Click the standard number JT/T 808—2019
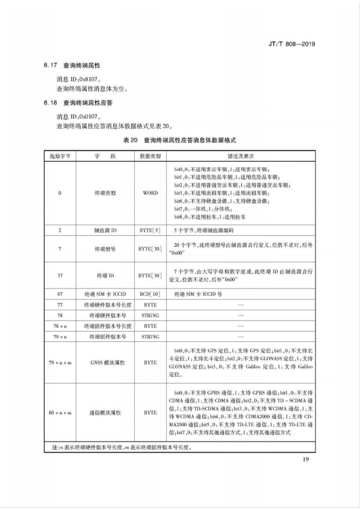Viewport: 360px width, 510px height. (291, 44)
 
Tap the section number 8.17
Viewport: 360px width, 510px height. (50, 65)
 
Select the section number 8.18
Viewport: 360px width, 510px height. (50, 103)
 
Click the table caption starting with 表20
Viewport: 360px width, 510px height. (179, 140)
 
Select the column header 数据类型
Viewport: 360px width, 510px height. (150, 156)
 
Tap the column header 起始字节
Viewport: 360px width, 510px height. (60, 156)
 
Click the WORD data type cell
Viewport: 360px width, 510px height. (150, 193)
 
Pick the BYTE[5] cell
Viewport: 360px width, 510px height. (150, 230)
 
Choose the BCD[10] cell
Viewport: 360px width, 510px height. (150, 294)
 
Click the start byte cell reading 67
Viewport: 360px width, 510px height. (60, 294)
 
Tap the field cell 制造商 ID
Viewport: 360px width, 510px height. (105, 230)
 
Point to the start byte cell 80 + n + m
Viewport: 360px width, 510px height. (60, 413)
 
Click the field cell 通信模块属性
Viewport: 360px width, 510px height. (105, 413)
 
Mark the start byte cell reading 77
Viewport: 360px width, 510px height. (60, 305)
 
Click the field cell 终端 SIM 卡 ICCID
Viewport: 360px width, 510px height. (105, 294)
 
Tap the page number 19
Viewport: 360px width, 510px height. (306, 460)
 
